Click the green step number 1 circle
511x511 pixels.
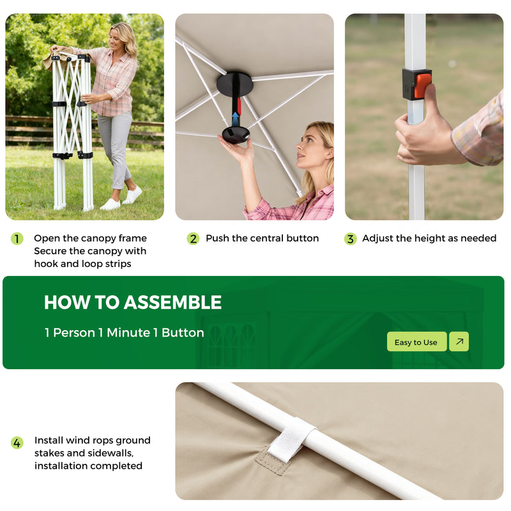17,239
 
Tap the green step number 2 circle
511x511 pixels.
193,239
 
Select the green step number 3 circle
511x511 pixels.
350,239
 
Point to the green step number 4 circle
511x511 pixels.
17,443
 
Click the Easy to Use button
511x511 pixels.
416,342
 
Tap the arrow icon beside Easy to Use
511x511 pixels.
459,342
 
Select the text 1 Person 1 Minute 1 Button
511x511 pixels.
125,333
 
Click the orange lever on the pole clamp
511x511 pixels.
423,86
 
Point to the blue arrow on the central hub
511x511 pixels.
235,118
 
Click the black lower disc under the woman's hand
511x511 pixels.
236,135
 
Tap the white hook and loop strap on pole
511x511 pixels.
291,439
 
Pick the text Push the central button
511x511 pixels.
262,238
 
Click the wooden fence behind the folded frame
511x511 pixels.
29,131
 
